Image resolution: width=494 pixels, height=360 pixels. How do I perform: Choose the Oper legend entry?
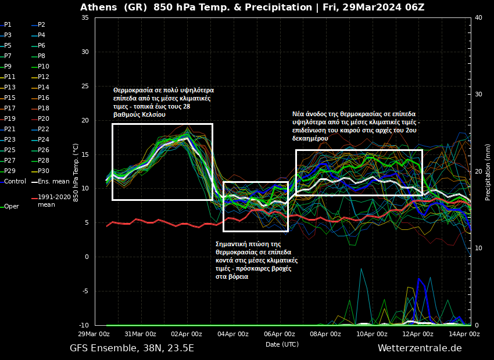pyautogui.click(x=12, y=206)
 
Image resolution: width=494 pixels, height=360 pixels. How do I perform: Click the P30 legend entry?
pyautogui.click(x=44, y=171)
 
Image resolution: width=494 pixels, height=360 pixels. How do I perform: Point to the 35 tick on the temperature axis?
pyautogui.click(x=85, y=17)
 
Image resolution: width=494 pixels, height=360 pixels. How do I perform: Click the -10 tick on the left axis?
pyautogui.click(x=84, y=325)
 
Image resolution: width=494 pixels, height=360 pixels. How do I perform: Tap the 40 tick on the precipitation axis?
pyautogui.click(x=478, y=17)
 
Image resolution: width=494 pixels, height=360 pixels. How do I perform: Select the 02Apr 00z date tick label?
pyautogui.click(x=187, y=334)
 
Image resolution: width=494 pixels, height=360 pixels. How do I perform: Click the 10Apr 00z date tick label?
pyautogui.click(x=372, y=334)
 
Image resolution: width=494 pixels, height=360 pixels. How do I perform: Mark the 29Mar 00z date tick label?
pyautogui.click(x=94, y=334)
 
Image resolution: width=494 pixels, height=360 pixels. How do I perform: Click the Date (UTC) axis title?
pyautogui.click(x=282, y=344)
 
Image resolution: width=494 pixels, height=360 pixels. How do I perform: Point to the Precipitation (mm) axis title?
pyautogui.click(x=488, y=171)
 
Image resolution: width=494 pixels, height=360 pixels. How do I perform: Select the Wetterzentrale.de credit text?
pyautogui.click(x=420, y=348)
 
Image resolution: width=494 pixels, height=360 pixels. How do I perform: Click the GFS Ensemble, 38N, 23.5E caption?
pyautogui.click(x=132, y=348)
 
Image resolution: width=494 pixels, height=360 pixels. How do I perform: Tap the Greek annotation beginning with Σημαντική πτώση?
pyautogui.click(x=256, y=260)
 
